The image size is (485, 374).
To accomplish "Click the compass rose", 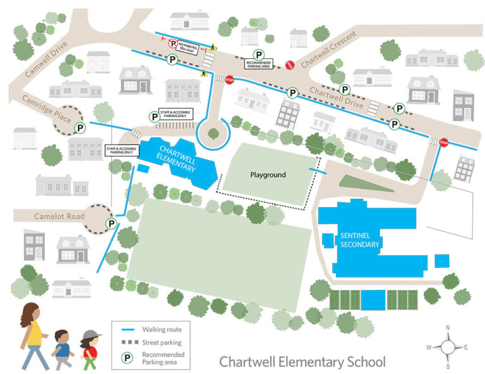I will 448,346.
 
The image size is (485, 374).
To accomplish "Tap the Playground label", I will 268,175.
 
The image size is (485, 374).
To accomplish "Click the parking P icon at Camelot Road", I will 111,224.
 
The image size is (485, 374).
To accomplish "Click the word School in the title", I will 363,362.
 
